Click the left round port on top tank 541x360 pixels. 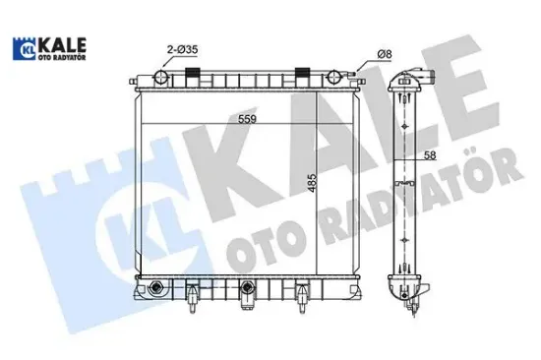[x=162, y=76]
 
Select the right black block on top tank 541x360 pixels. [x=304, y=70]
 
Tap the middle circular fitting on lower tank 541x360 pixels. [x=247, y=288]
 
